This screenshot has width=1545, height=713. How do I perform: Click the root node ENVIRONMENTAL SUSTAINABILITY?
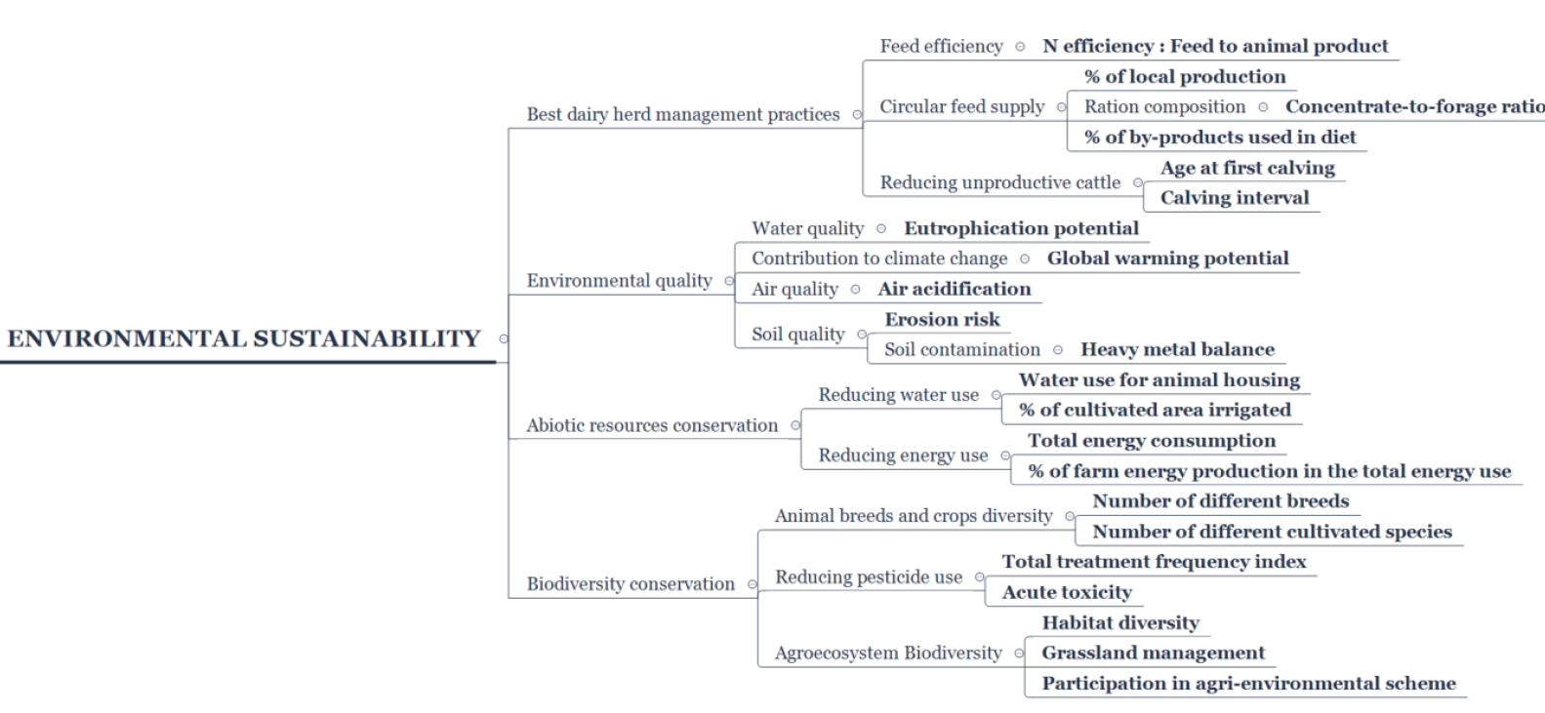tap(243, 338)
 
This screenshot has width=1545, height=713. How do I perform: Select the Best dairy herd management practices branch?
tap(683, 114)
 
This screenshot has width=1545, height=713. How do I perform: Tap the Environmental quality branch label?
tap(619, 281)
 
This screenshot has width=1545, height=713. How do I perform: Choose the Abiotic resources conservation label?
tap(652, 425)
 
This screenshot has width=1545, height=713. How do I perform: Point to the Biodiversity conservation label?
tap(630, 584)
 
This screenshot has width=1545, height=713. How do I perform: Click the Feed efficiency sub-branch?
tap(941, 46)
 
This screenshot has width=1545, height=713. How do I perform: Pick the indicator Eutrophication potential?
tap(1022, 228)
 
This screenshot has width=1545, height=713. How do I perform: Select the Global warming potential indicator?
tap(1167, 258)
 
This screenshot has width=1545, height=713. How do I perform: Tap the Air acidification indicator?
tap(955, 289)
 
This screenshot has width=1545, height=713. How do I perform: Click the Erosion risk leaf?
tap(942, 319)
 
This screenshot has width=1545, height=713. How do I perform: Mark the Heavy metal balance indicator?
tap(1177, 349)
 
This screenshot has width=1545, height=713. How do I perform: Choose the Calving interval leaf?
tap(1235, 198)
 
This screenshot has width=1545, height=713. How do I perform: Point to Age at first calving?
tap(1247, 168)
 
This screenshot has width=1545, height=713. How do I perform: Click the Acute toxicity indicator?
tap(1067, 592)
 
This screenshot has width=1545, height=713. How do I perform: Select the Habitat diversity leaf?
tap(1120, 622)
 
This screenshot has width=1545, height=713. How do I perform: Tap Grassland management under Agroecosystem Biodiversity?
tap(1154, 653)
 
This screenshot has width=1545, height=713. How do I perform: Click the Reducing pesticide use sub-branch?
tap(869, 577)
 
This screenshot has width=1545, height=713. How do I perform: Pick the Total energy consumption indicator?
tap(1152, 441)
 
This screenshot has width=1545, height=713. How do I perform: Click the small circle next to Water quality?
tap(880, 228)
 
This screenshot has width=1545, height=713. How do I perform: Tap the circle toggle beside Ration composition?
tap(1263, 107)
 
